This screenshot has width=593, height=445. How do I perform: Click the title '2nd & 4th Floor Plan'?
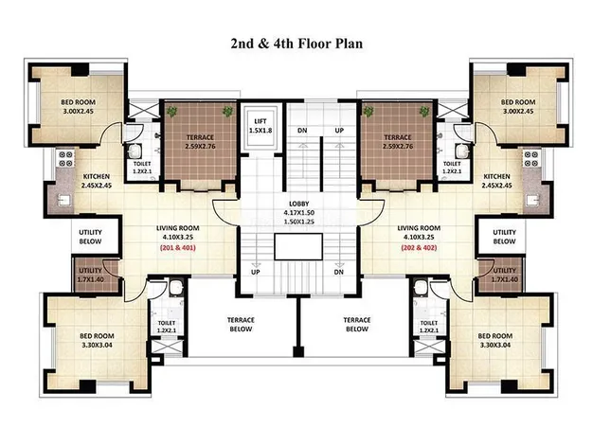click(296, 44)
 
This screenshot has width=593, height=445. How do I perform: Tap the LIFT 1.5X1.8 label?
click(261, 126)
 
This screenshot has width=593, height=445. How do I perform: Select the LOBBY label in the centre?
click(298, 204)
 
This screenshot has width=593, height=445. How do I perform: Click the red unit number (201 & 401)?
click(178, 248)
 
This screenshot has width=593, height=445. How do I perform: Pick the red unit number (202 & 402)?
click(419, 248)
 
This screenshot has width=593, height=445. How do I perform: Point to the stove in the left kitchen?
click(65, 159)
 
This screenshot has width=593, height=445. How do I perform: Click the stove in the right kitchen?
click(531, 159)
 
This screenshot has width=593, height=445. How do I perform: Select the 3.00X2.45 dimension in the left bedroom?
click(79, 112)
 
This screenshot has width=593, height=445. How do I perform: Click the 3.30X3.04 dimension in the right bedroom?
click(495, 346)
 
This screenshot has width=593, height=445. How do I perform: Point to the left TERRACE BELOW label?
click(241, 325)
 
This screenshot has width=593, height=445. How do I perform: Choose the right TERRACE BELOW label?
click(357, 325)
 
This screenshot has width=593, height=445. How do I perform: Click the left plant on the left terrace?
click(172, 111)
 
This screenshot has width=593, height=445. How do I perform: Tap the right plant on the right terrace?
click(424, 111)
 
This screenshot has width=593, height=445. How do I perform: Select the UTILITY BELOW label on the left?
click(90, 237)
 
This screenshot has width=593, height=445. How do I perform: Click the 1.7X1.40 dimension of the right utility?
click(505, 279)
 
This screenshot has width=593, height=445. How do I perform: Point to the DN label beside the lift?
click(302, 131)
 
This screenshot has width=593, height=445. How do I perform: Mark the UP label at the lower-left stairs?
click(256, 273)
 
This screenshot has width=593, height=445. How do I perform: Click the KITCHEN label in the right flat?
click(497, 176)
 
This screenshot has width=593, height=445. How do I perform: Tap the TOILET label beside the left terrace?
click(142, 164)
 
